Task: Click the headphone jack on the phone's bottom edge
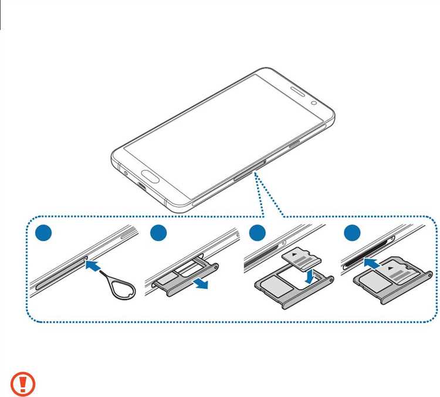(x=126, y=172)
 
